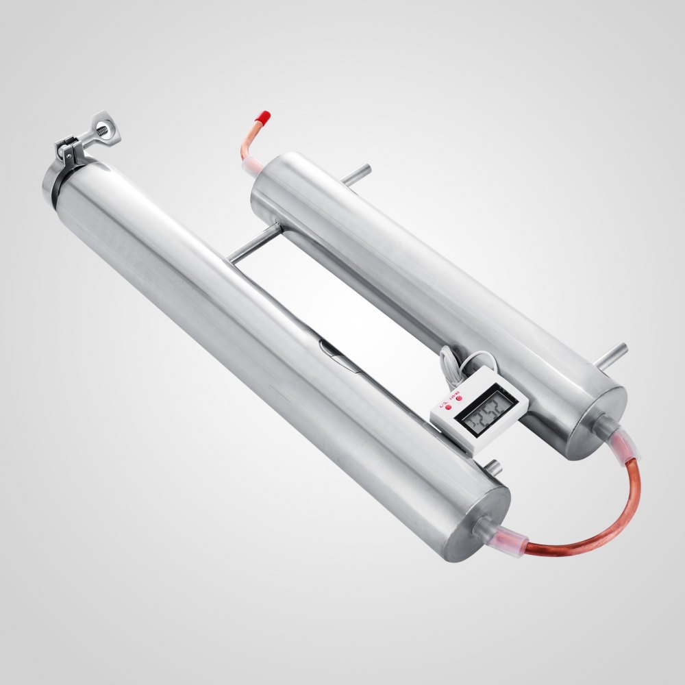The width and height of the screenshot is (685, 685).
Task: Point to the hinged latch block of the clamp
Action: click(69, 147)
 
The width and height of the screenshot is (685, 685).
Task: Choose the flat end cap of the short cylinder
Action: click(596, 421)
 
